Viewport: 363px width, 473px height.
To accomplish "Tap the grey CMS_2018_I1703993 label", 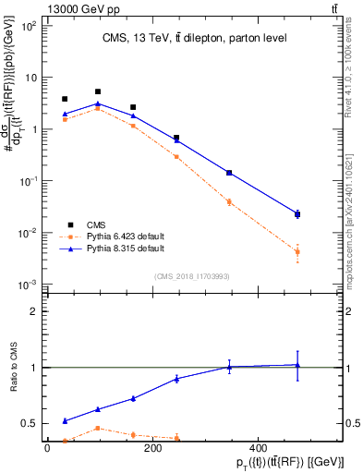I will click(193, 275).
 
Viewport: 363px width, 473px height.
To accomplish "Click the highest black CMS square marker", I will click(98, 91).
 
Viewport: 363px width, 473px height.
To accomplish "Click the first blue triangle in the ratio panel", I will click(64, 420).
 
